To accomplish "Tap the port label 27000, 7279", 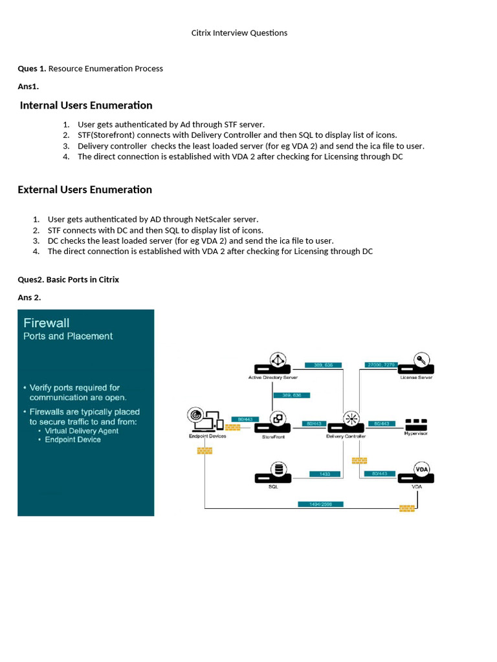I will tap(379, 365).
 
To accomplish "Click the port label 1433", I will tap(324, 474).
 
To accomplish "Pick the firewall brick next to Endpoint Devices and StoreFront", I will tap(232, 427).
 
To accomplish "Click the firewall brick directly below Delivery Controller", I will tap(359, 460).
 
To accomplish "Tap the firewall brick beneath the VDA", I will tap(407, 508).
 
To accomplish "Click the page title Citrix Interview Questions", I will tap(239, 33).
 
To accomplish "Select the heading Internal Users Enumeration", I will tap(86, 105).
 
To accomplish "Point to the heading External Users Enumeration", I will tap(85, 189).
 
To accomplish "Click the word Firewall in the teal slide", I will tap(47, 323).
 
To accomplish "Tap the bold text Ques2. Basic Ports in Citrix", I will tap(69, 279).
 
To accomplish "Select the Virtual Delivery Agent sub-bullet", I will tap(82, 431).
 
